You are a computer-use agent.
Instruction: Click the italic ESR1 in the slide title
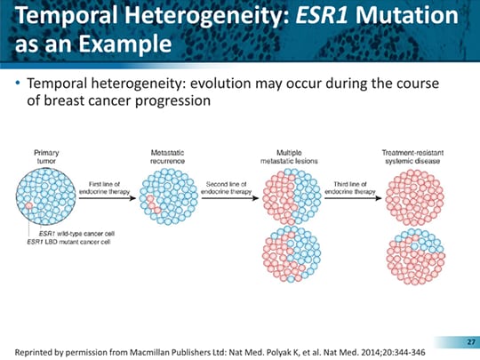(322, 15)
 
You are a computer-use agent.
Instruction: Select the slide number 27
(471, 342)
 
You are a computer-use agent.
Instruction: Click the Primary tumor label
(46, 156)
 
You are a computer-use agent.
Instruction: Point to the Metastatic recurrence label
(167, 156)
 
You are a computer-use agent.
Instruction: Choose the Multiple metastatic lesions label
(289, 156)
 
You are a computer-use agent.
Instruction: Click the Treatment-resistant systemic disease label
(412, 156)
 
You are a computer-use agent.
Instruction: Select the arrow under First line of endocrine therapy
(108, 198)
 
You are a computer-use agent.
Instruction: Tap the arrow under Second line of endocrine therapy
(230, 198)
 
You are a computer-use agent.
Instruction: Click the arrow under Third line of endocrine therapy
(353, 198)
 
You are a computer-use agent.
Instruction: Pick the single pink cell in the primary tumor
(28, 205)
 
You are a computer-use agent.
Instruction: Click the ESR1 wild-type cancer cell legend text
(76, 234)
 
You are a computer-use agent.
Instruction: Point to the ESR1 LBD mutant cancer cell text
(68, 242)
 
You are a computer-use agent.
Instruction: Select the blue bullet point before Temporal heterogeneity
(18, 83)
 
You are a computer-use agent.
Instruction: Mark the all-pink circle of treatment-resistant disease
(414, 197)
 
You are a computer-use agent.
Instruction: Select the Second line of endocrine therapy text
(227, 188)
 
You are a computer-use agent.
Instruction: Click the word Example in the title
(125, 44)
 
